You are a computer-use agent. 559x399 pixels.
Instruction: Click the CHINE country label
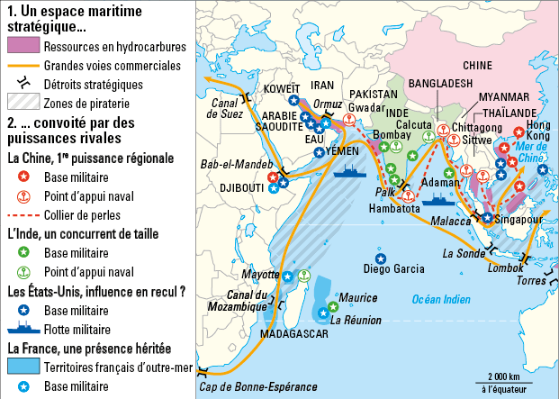pyautogui.click(x=478, y=65)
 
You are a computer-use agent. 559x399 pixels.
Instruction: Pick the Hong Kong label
pyautogui.click(x=537, y=130)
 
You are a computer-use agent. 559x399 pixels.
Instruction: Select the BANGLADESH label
pyautogui.click(x=440, y=83)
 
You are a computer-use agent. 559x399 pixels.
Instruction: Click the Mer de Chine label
pyautogui.click(x=535, y=152)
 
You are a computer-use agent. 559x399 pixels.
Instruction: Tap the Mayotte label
pyautogui.click(x=261, y=273)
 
